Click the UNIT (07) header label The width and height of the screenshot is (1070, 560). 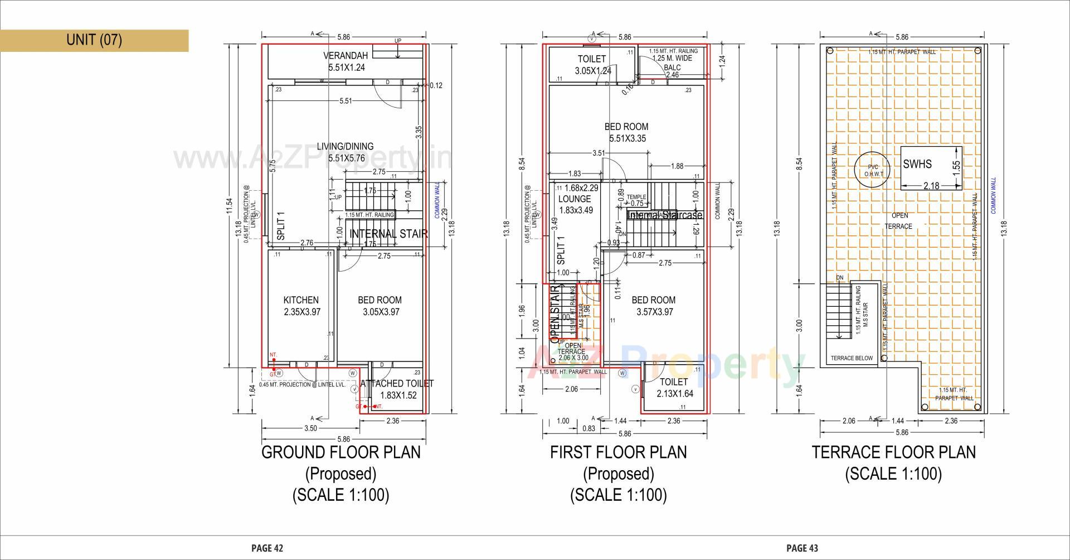(94, 40)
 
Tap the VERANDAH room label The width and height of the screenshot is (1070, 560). (346, 56)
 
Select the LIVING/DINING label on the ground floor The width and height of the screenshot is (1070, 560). (346, 147)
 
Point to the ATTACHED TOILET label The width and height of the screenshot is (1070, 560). (397, 384)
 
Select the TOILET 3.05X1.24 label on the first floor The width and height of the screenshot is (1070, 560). (592, 59)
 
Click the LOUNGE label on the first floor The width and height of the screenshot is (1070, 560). (575, 199)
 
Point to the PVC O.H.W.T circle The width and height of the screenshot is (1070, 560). (872, 170)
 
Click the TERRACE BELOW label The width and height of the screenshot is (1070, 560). (852, 358)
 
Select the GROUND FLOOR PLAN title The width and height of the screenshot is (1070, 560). (341, 452)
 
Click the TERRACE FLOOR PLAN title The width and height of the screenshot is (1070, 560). (894, 452)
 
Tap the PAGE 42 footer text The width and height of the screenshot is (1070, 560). (267, 548)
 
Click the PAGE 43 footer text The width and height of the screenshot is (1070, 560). (802, 548)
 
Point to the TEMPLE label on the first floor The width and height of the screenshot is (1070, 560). (636, 197)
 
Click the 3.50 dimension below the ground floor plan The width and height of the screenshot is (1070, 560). (310, 428)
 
